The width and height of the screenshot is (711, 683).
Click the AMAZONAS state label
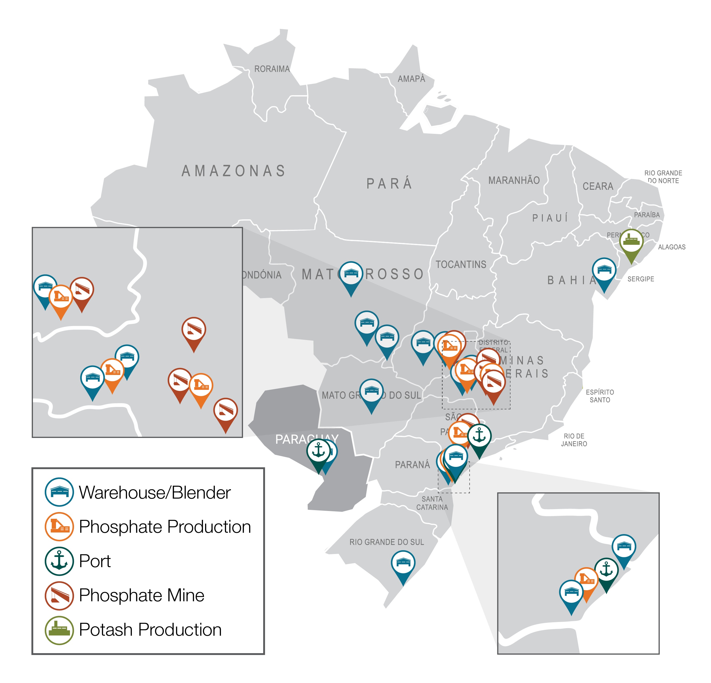coord(234,171)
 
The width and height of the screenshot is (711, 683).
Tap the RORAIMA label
coord(272,69)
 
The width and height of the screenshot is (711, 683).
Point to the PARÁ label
coord(389,184)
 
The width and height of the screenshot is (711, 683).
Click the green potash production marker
coord(631,241)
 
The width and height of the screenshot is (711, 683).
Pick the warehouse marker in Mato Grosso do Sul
coord(371,391)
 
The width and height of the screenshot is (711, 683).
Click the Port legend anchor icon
coord(59,561)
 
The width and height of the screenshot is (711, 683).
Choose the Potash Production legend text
coord(150,629)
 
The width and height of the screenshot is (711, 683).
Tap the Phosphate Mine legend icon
coord(59,595)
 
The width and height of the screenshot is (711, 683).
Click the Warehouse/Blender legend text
coord(154,492)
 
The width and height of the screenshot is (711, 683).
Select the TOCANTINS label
coord(461,264)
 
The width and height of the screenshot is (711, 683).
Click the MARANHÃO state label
coord(514,180)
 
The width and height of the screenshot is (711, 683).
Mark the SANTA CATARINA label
coord(432,503)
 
